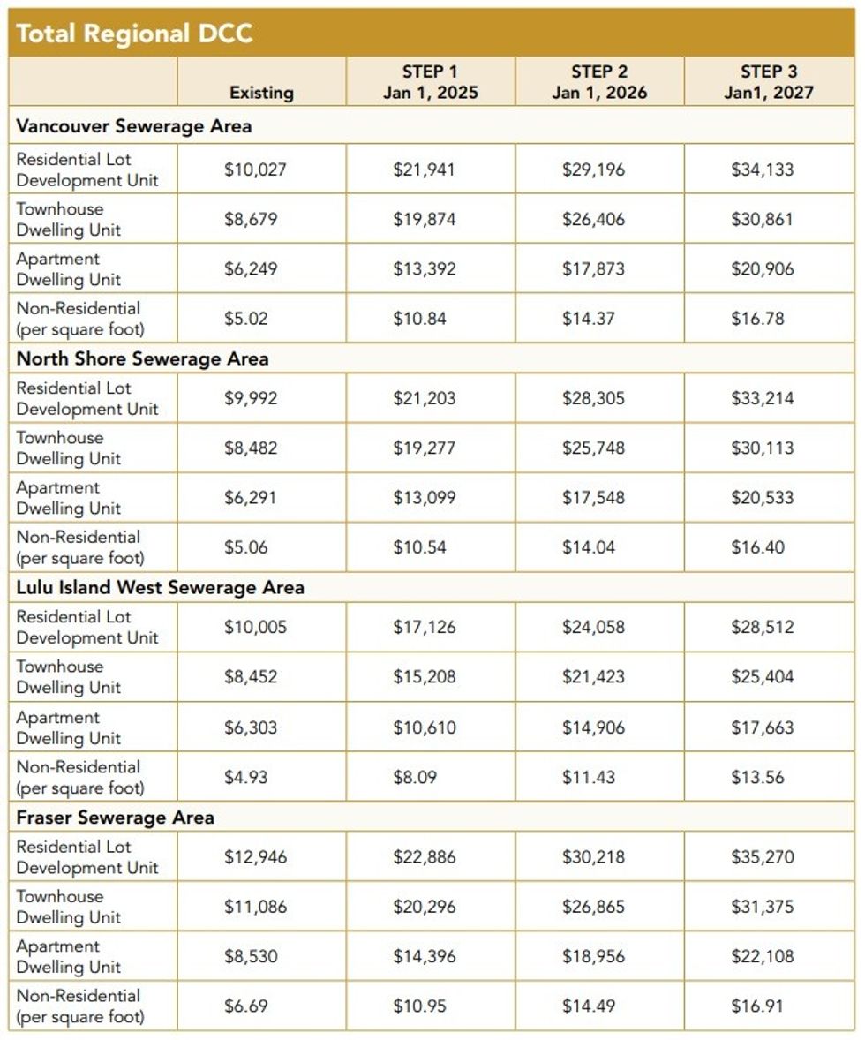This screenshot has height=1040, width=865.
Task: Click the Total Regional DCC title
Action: pos(134,34)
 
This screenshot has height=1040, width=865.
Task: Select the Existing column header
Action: pos(261,93)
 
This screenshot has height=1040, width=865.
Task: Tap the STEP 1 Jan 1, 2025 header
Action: pos(430,82)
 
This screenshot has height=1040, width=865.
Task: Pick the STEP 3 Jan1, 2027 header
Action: pos(769,82)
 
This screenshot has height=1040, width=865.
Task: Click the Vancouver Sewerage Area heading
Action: pos(134,126)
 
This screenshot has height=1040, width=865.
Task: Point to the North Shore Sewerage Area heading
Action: pos(143,358)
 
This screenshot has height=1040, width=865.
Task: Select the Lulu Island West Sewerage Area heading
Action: pos(161,587)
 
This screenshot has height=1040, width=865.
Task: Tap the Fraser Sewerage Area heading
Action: pos(116,817)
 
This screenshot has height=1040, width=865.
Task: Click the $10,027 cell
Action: pos(255,170)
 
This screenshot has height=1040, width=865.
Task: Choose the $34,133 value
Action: pos(762,170)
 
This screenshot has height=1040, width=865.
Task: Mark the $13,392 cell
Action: pos(425,269)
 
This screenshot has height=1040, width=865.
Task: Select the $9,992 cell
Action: pos(251,398)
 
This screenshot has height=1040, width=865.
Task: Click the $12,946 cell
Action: pos(255,856)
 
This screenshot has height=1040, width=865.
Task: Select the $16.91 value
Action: pos(757,1006)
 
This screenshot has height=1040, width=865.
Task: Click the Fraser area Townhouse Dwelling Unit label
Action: pos(69,907)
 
